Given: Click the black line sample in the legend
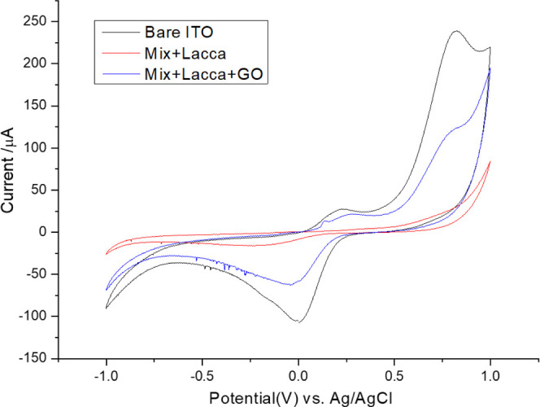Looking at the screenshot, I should point(119,34).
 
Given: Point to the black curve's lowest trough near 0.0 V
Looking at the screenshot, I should point(298,322).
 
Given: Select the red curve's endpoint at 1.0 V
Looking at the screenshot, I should point(490,161).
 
